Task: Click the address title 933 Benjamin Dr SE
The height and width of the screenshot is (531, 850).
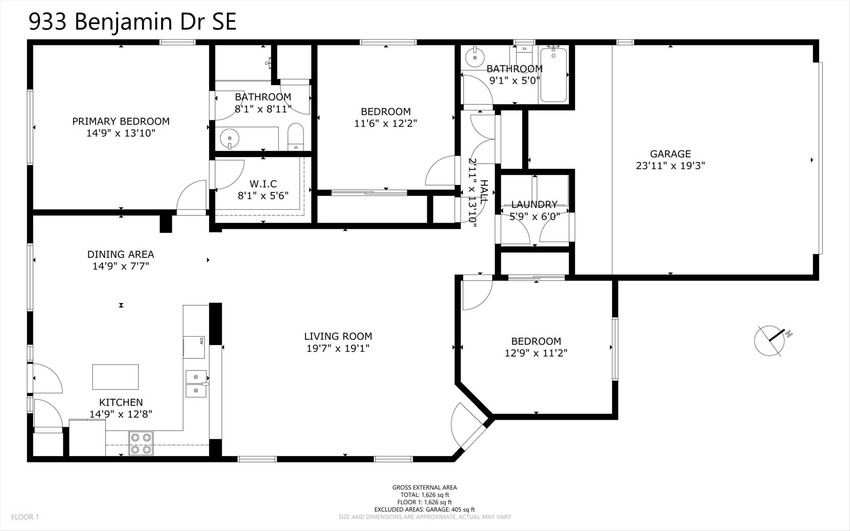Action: (x=132, y=22)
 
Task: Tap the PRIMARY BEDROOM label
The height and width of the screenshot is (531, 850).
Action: (x=121, y=122)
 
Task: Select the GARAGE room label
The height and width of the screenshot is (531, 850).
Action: (x=670, y=154)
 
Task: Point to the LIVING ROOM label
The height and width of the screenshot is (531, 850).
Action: (x=338, y=336)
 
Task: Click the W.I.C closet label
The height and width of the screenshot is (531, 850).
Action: (x=263, y=184)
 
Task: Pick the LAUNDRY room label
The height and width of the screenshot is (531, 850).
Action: (x=534, y=204)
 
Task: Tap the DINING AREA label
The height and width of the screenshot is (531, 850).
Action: (x=121, y=254)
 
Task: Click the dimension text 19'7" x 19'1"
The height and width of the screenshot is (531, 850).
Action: (x=338, y=349)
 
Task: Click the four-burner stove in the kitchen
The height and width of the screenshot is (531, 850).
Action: (x=141, y=443)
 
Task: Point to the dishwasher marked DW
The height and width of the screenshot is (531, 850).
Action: (x=194, y=347)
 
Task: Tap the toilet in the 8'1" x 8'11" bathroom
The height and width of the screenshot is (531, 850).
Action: (x=295, y=137)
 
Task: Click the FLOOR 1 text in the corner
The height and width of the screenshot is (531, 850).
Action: (x=25, y=517)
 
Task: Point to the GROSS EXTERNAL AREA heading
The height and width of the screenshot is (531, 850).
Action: (x=424, y=487)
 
